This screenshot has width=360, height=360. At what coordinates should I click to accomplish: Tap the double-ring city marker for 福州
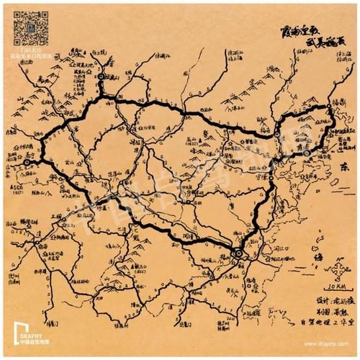[x=236, y=251]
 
